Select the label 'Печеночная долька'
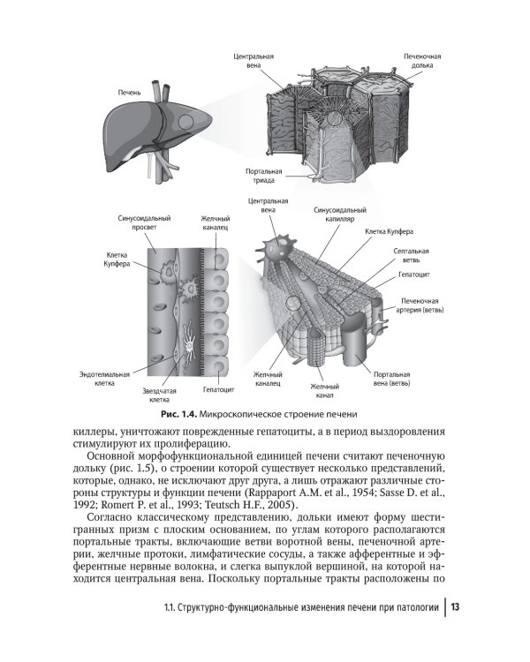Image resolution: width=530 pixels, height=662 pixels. [x=422, y=61]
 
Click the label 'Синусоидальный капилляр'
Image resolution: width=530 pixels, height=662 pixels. [x=340, y=216]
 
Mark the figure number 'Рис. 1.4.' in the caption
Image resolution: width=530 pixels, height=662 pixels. [x=178, y=414]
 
